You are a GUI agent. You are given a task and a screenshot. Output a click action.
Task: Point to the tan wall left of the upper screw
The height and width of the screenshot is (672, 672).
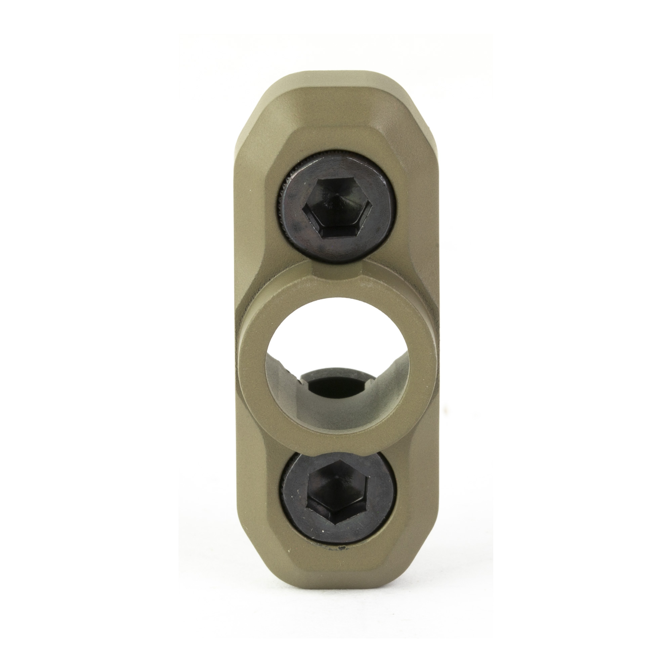[256, 209]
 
